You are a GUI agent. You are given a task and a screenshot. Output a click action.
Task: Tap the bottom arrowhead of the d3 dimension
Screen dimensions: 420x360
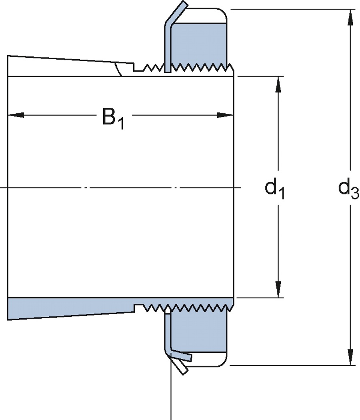coord(351,357)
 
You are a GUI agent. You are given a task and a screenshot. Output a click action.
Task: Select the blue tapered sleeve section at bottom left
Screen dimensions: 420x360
coord(68,308)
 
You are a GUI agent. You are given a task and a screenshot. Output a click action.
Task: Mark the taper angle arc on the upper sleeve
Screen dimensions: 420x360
coord(118,69)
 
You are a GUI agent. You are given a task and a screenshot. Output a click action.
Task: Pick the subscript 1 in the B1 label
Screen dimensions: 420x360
coord(120,124)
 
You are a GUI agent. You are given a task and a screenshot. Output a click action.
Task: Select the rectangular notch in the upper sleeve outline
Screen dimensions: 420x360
coord(138,68)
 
